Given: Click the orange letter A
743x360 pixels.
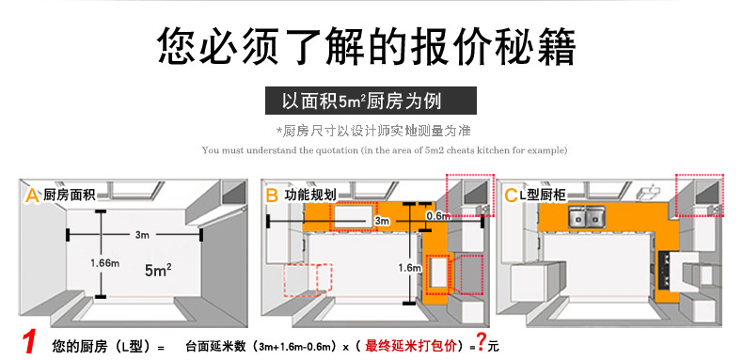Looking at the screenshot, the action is tap(32, 196).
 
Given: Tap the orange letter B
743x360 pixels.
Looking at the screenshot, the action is tap(272, 196).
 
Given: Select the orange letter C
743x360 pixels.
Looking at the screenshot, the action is tap(511, 196).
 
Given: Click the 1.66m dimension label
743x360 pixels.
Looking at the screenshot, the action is tap(105, 263).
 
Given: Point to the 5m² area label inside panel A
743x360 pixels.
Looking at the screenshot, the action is tap(158, 271).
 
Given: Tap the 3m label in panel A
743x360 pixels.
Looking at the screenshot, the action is tap(142, 234).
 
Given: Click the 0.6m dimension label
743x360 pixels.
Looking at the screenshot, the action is tap(438, 216).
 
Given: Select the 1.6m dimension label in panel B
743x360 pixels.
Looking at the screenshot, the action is tap(410, 268).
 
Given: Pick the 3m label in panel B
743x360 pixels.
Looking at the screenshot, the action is tap(382, 221).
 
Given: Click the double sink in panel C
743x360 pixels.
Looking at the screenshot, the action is tap(586, 218).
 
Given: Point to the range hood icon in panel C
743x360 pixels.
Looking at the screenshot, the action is tap(647, 192).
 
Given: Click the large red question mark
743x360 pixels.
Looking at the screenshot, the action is tap(481, 341).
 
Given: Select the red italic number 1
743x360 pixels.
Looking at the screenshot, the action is tap(29, 343).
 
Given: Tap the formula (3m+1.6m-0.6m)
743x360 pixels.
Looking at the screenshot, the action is tap(297, 347).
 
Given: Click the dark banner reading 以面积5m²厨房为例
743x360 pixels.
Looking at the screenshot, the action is tap(371, 101).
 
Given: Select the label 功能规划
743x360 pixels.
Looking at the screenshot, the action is tap(310, 195).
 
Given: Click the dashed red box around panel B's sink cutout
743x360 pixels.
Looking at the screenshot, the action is tap(355, 216).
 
